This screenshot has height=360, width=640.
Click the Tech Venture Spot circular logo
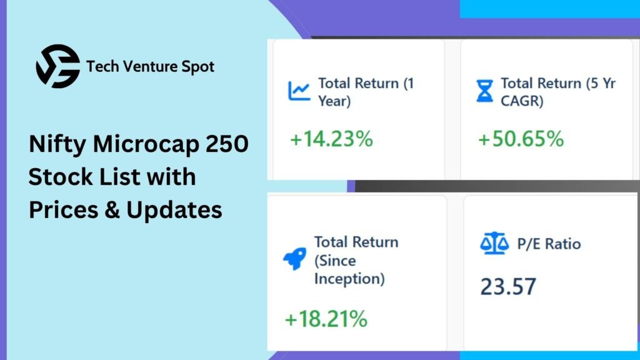click(x=58, y=66)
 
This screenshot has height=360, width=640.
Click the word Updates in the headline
click(x=174, y=211)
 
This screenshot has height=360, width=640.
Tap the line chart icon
click(x=299, y=91)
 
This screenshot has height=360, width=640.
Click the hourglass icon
click(x=484, y=91)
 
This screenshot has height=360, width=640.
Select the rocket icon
click(x=295, y=258)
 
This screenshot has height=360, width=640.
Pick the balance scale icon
click(x=494, y=243)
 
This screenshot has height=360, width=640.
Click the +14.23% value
click(x=331, y=139)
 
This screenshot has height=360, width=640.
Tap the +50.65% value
click(x=521, y=139)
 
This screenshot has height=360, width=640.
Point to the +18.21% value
click(x=326, y=319)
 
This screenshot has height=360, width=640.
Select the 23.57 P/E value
click(x=508, y=286)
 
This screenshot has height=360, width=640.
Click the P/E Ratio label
click(x=549, y=244)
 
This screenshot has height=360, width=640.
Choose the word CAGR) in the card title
click(x=522, y=101)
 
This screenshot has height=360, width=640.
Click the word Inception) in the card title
click(x=349, y=279)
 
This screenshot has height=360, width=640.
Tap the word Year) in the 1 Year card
click(x=334, y=101)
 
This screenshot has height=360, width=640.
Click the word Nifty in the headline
click(x=57, y=145)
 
